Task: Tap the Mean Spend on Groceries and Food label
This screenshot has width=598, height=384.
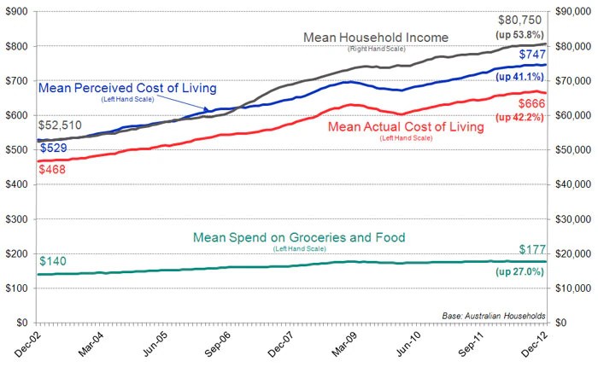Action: pyautogui.click(x=299, y=237)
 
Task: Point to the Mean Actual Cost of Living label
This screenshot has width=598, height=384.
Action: pyautogui.click(x=406, y=126)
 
